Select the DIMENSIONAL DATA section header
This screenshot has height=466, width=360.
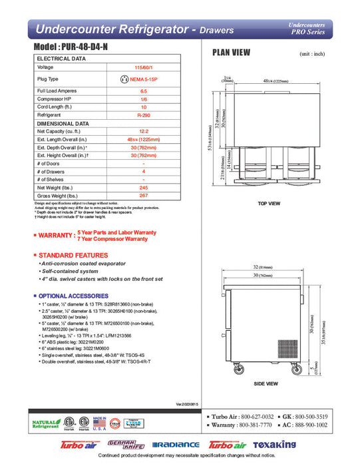tap(63, 123)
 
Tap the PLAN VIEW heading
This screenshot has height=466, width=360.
tap(231, 53)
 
